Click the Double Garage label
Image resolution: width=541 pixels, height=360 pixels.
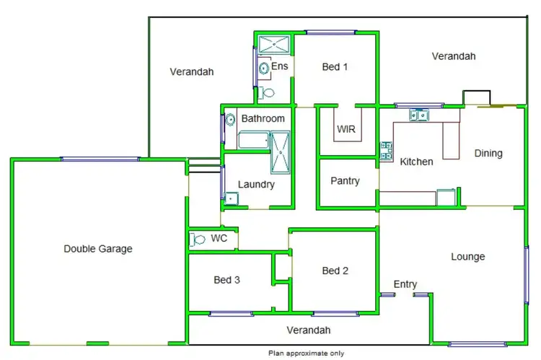click(98, 249)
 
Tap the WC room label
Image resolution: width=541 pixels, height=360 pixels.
click(219, 238)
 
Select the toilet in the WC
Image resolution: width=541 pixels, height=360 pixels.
click(195, 240)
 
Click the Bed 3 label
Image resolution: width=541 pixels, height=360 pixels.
click(226, 280)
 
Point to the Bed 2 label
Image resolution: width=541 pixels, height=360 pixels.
click(335, 271)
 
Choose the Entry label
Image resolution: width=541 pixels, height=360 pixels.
click(405, 284)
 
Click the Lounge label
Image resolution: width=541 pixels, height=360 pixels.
click(467, 256)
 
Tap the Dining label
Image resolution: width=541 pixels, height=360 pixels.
click(488, 153)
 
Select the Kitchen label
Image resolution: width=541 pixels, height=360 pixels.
click(416, 162)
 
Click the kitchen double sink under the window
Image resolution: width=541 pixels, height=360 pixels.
click(418, 114)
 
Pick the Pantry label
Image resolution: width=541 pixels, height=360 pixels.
click(345, 180)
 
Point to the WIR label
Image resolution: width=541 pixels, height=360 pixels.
click(345, 131)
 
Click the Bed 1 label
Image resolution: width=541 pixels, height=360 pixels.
click(335, 67)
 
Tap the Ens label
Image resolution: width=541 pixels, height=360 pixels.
click(280, 66)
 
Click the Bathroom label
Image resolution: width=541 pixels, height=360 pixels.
click(263, 118)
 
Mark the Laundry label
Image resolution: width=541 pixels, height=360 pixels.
click(256, 184)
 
